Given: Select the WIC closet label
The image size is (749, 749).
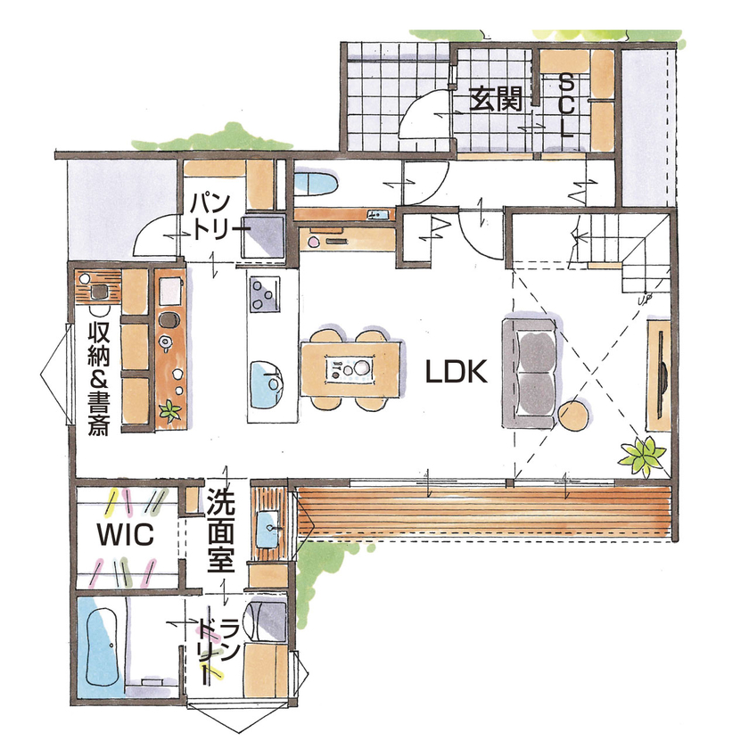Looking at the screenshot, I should [x=127, y=535].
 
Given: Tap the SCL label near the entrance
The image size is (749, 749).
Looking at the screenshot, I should [x=565, y=104].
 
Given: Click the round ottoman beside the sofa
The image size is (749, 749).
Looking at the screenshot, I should [x=575, y=416].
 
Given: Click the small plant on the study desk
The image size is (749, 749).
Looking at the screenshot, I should [x=169, y=411].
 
